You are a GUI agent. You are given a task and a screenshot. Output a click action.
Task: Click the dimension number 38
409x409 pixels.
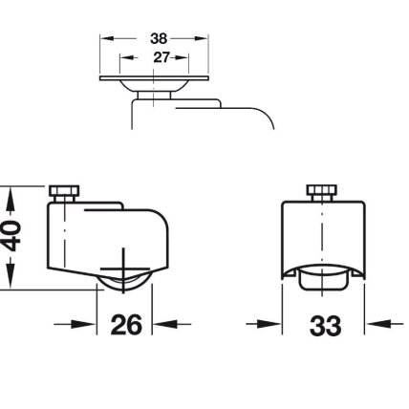(x=159, y=38)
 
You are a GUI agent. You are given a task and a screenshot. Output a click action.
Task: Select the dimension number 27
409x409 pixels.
(x=161, y=57)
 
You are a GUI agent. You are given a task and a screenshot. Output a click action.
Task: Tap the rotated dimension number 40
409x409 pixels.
(x=12, y=236)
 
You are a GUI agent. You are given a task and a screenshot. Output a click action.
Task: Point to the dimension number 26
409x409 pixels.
(x=126, y=324)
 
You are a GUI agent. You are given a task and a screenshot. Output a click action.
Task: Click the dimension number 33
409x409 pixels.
(x=325, y=326)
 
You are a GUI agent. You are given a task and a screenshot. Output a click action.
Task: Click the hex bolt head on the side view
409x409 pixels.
(x=64, y=191)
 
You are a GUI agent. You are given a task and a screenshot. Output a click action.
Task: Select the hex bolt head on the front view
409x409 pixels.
(x=322, y=190)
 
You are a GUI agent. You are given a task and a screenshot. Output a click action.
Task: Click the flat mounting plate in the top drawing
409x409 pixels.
(x=154, y=78)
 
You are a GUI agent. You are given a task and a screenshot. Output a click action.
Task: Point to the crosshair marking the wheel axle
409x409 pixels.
(x=124, y=269)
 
